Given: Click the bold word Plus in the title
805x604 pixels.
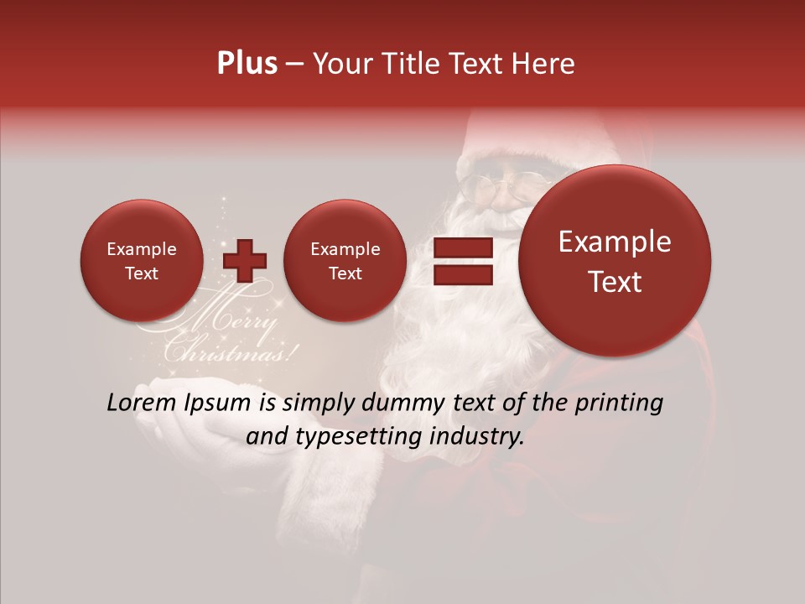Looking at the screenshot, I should coord(247,64).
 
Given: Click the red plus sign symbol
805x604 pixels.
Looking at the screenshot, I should coord(245,262).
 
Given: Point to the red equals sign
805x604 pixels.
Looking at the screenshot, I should coord(463,262).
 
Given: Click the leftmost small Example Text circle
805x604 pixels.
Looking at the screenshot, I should coord(142,261).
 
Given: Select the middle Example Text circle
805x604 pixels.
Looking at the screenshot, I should coord(345,261).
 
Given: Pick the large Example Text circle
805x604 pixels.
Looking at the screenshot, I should coord(615,261).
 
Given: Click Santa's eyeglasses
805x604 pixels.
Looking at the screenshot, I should coord(507,180).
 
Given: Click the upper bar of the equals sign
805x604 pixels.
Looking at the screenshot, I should coord(463,248).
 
